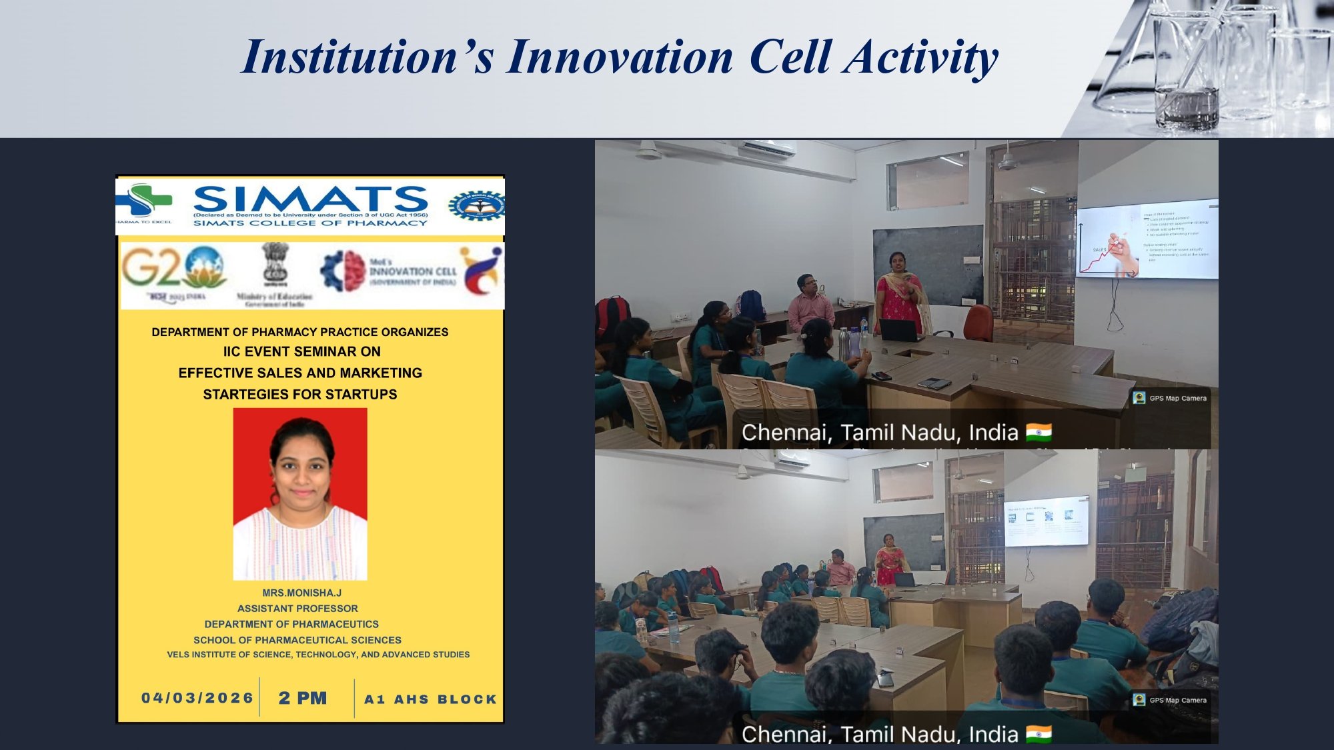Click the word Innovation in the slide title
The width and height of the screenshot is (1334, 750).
coord(620,57)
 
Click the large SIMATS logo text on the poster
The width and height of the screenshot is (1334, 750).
coord(310,199)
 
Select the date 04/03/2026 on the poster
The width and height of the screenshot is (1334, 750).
coord(197,698)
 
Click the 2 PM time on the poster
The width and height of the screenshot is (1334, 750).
coord(303,698)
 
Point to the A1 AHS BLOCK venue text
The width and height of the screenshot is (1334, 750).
coord(430,699)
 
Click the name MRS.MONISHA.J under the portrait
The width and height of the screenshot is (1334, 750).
coord(301,593)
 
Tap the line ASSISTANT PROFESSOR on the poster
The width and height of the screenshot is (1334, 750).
coord(297,609)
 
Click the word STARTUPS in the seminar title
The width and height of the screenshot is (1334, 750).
coord(361,395)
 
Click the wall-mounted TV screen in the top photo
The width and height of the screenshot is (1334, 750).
coord(1147,239)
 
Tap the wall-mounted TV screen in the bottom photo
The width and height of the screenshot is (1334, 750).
coord(1046,522)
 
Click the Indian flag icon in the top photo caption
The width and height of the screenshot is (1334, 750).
coord(1039,433)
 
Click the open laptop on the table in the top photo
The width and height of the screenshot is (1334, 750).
coord(900,329)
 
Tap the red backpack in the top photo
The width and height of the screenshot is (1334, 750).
coord(612,315)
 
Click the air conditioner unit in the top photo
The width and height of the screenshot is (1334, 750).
coord(767,149)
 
